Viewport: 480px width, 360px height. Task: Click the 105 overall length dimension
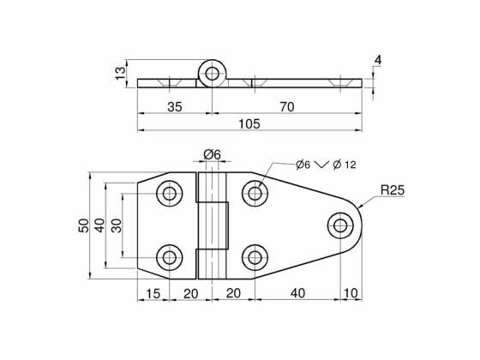(x=249, y=123)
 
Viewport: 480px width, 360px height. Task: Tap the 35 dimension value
(x=174, y=107)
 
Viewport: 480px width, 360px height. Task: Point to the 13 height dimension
(x=119, y=74)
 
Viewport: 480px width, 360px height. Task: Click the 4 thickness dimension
(x=378, y=60)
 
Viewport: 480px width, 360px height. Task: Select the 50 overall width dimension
(x=83, y=225)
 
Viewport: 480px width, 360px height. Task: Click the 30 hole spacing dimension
(x=116, y=225)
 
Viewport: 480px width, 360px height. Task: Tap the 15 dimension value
(x=153, y=293)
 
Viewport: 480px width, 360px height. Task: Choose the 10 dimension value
(x=351, y=293)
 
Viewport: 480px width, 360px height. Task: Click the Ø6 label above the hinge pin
(x=212, y=154)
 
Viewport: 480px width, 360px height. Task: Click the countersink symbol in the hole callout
(x=321, y=165)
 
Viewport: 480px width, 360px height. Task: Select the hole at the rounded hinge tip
(x=341, y=225)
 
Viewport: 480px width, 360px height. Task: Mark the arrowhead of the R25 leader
(x=362, y=207)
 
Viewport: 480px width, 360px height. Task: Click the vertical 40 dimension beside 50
(x=99, y=225)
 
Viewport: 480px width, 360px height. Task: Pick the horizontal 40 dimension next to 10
(x=297, y=293)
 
